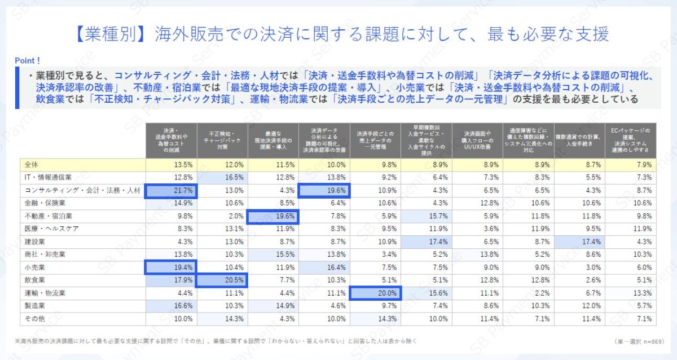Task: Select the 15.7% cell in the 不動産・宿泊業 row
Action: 426,216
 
